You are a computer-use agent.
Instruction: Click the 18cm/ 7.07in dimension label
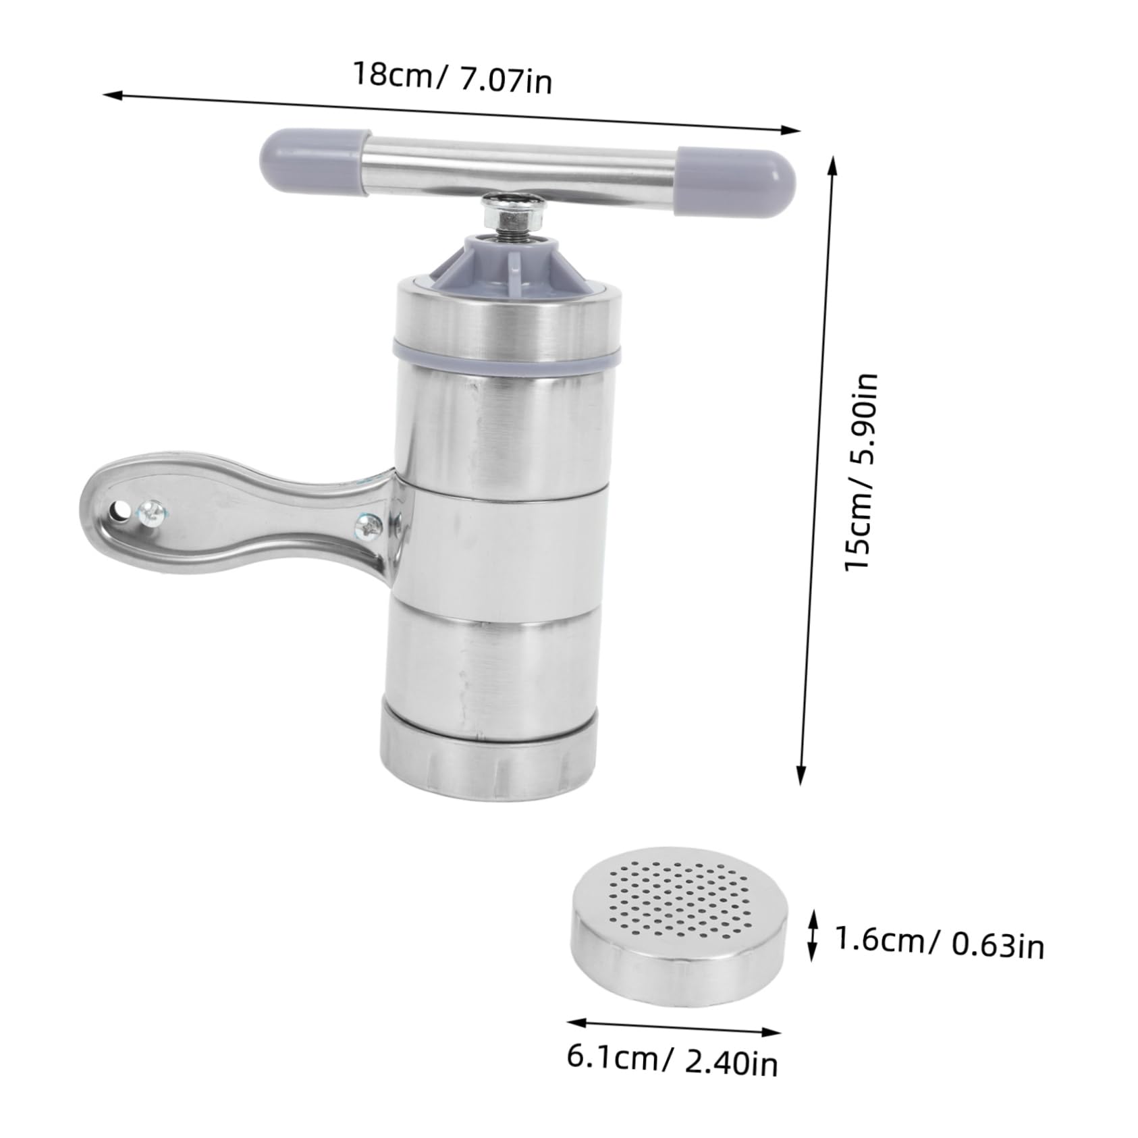(452, 77)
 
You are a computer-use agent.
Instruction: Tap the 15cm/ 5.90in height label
(861, 472)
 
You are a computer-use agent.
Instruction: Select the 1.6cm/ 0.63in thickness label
(939, 941)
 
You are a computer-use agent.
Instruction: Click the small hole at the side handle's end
(120, 508)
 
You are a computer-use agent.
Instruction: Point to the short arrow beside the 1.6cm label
(813, 935)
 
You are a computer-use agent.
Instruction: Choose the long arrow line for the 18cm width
(452, 111)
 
